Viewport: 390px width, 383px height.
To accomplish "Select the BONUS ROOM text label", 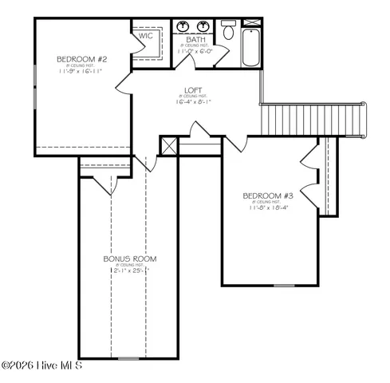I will pyautogui.click(x=129, y=259).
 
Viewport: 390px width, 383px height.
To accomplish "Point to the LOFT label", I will pyautogui.click(x=193, y=90).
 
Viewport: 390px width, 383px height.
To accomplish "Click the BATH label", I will pyautogui.click(x=195, y=39).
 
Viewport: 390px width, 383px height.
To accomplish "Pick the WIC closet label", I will pyautogui.click(x=146, y=36).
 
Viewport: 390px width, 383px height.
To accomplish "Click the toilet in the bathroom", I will pyautogui.click(x=228, y=32).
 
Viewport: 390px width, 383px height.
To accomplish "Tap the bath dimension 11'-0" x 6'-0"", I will pyautogui.click(x=195, y=52).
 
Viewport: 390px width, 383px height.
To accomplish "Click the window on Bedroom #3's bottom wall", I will pyautogui.click(x=284, y=285).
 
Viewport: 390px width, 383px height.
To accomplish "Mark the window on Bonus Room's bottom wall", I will pyautogui.click(x=128, y=359).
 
